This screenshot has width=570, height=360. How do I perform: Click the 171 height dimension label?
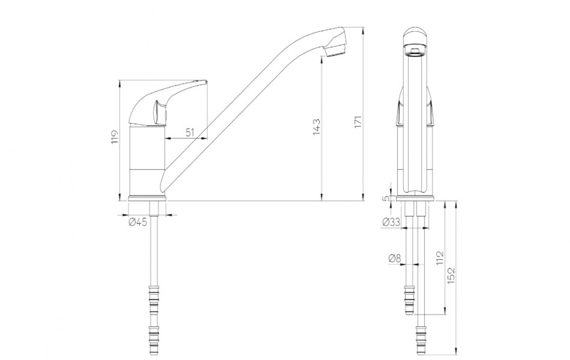[358, 122]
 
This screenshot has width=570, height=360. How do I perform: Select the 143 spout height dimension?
[317, 127]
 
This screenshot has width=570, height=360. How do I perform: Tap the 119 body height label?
[115, 137]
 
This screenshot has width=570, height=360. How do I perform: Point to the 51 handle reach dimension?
[190, 133]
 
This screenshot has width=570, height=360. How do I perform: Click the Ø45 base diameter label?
[138, 223]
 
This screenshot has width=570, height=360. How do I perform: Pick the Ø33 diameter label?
[391, 222]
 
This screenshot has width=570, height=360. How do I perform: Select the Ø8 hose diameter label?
[394, 258]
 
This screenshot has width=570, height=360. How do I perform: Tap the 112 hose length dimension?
[440, 258]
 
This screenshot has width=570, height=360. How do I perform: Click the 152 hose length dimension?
[451, 276]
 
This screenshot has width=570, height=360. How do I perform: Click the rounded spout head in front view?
[415, 37]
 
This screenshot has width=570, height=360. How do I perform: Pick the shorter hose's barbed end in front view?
[409, 300]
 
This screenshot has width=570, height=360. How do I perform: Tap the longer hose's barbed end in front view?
[421, 340]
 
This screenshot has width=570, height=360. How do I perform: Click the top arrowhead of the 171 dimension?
[363, 30]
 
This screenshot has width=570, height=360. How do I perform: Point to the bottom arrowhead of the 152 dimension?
[456, 351]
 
